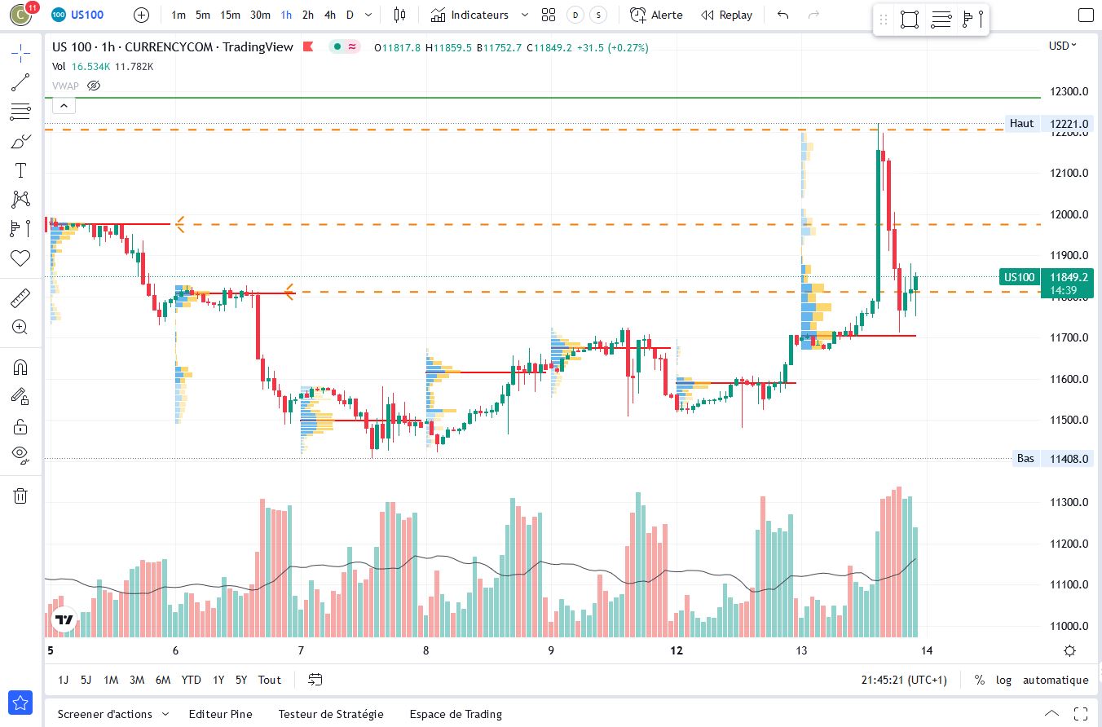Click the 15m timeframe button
[231, 15]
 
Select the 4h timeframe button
[329, 15]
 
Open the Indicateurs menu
[479, 15]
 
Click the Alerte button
[657, 15]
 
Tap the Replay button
[727, 15]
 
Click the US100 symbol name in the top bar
[87, 15]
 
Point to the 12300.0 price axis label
[1069, 91]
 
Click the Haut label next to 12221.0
[1021, 124]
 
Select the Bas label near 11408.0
[1025, 459]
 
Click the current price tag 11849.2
[1069, 277]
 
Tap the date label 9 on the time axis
[551, 650]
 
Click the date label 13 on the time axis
[801, 650]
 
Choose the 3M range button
[137, 680]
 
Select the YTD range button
[192, 680]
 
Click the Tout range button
[270, 680]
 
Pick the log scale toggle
[1003, 680]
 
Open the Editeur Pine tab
[220, 714]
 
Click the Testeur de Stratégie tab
[331, 714]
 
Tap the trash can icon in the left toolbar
[20, 496]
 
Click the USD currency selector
[1062, 46]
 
